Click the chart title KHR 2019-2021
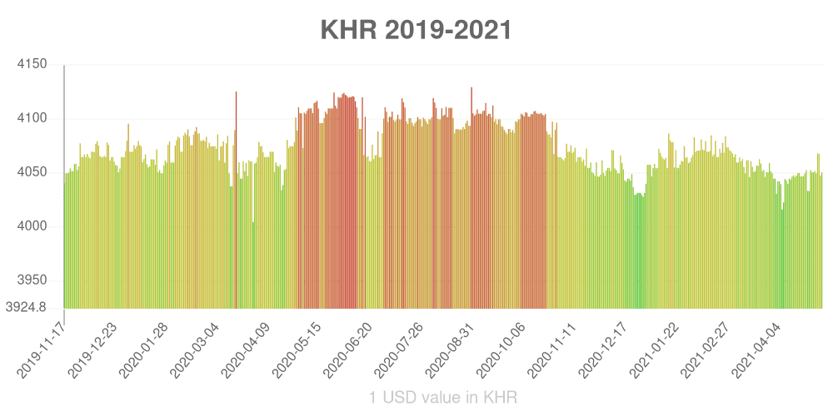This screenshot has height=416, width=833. pos(416,30)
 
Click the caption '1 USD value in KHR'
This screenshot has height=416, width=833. pos(443,398)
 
